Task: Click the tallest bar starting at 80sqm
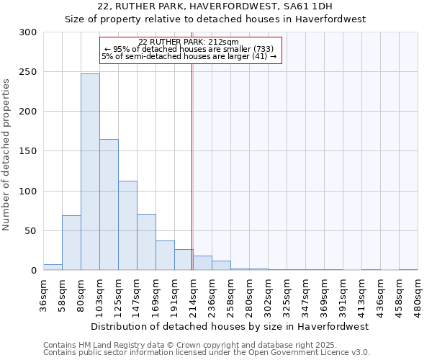90,172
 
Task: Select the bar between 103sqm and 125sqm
109,205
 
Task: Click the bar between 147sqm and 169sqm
146,242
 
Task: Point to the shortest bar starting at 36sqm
53,267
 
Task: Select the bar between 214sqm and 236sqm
202,263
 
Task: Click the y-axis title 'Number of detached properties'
6,155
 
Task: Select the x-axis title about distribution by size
230,326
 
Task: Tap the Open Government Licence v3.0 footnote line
207,352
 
